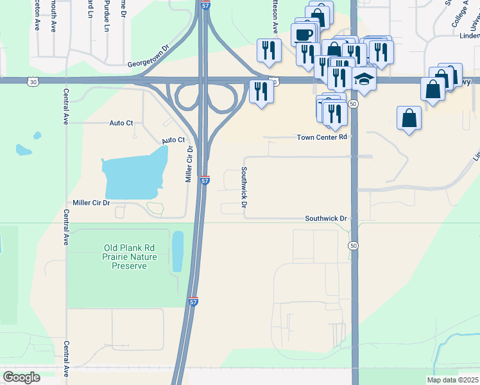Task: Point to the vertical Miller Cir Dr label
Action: (189, 163)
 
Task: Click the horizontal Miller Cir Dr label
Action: (91, 203)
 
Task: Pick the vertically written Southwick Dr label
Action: (244, 187)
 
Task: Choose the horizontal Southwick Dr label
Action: (325, 219)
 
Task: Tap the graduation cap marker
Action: (364, 79)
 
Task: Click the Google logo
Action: (21, 377)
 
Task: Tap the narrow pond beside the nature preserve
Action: (178, 251)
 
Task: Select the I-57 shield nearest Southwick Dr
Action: (205, 181)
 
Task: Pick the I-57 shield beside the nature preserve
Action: (194, 300)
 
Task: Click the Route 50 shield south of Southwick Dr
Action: (353, 246)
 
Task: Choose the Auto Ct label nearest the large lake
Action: (173, 140)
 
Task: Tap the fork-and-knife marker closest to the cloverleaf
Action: (261, 90)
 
